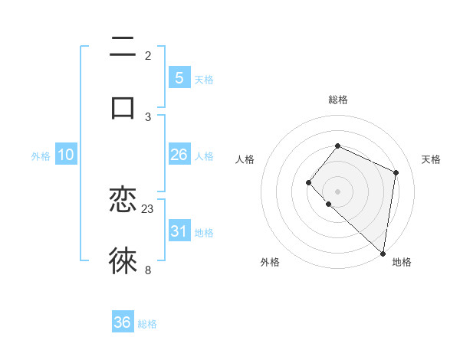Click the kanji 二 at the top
(123, 47)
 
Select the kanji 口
(123, 107)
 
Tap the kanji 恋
(123, 201)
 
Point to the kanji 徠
(123, 261)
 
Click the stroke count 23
(148, 208)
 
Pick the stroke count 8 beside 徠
(148, 269)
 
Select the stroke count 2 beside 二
(148, 55)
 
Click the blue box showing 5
(179, 78)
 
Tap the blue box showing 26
(179, 155)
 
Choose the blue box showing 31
(179, 231)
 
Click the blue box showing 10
(66, 155)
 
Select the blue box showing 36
(122, 322)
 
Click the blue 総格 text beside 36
(147, 324)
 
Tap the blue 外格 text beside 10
(41, 156)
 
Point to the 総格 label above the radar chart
(338, 100)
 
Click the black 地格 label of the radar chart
(402, 262)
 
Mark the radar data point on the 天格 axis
(396, 172)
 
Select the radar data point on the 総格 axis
(337, 146)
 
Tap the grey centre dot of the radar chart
(337, 191)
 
